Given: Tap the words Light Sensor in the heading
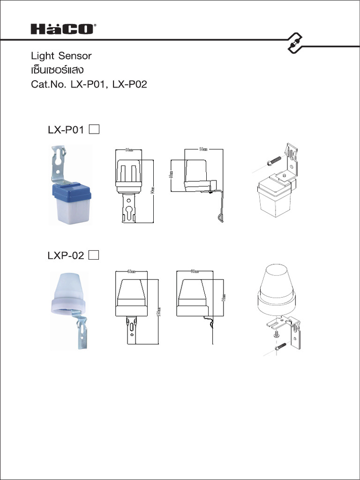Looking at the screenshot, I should pyautogui.click(x=61, y=56).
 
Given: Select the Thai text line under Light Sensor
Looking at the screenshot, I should pyautogui.click(x=57, y=71).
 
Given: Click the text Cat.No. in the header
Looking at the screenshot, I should pyautogui.click(x=48, y=86).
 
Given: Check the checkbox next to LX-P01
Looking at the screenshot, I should pyautogui.click(x=94, y=129).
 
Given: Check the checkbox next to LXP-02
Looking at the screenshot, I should pyautogui.click(x=94, y=255).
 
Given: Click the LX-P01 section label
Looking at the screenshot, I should pyautogui.click(x=66, y=130).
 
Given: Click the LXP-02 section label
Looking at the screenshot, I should pyautogui.click(x=66, y=255).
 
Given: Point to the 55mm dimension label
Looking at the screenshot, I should pyautogui.click(x=203, y=149).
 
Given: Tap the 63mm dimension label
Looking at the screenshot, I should pyautogui.click(x=132, y=271).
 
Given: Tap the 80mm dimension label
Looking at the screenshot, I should pyautogui.click(x=195, y=271).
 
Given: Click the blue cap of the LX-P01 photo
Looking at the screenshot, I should pyautogui.click(x=71, y=193).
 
